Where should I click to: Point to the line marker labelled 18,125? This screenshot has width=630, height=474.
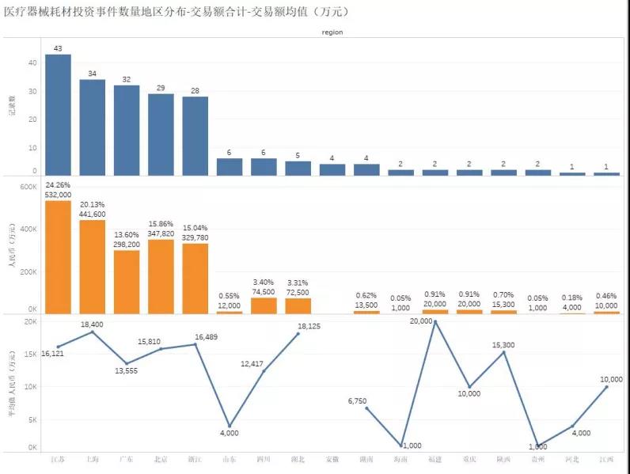tap(298, 334)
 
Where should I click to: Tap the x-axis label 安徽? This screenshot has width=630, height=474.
tap(332, 459)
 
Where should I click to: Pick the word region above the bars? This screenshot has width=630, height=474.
tap(332, 32)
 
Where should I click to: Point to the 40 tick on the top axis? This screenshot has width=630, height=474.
tap(32, 63)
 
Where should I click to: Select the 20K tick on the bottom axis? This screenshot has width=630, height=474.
tap(29, 322)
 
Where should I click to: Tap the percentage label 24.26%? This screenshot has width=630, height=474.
tap(58, 185)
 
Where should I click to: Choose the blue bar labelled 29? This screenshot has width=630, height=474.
tap(161, 135)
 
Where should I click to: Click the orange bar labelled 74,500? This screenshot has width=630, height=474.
tap(264, 305)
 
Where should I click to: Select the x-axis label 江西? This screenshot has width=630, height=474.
tap(607, 459)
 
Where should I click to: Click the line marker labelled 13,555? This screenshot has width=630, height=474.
tap(127, 364)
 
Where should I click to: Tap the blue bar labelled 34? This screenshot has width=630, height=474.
tap(92, 127)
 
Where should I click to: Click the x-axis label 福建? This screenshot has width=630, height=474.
tap(435, 459)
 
